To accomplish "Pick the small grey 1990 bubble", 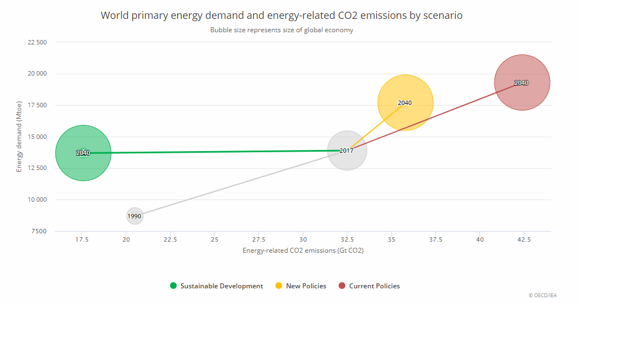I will coord(134,216).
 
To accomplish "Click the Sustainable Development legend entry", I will coord(217,286).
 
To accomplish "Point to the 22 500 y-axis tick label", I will coord(37,42).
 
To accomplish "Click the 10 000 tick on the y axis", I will coord(37,199).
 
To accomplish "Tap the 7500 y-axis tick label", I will coord(39,231).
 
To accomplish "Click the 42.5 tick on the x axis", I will coord(524,239).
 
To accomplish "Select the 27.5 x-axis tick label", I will coord(258,239).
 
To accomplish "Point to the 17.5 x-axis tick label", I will coord(82,239).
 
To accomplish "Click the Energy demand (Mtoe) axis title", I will coord(19,137).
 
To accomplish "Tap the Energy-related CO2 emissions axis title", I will coord(303,251).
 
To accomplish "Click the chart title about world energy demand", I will coord(281,16).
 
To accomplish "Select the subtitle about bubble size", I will coord(281,30).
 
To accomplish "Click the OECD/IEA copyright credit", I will coord(542,296).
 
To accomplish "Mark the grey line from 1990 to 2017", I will coord(239,183).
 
